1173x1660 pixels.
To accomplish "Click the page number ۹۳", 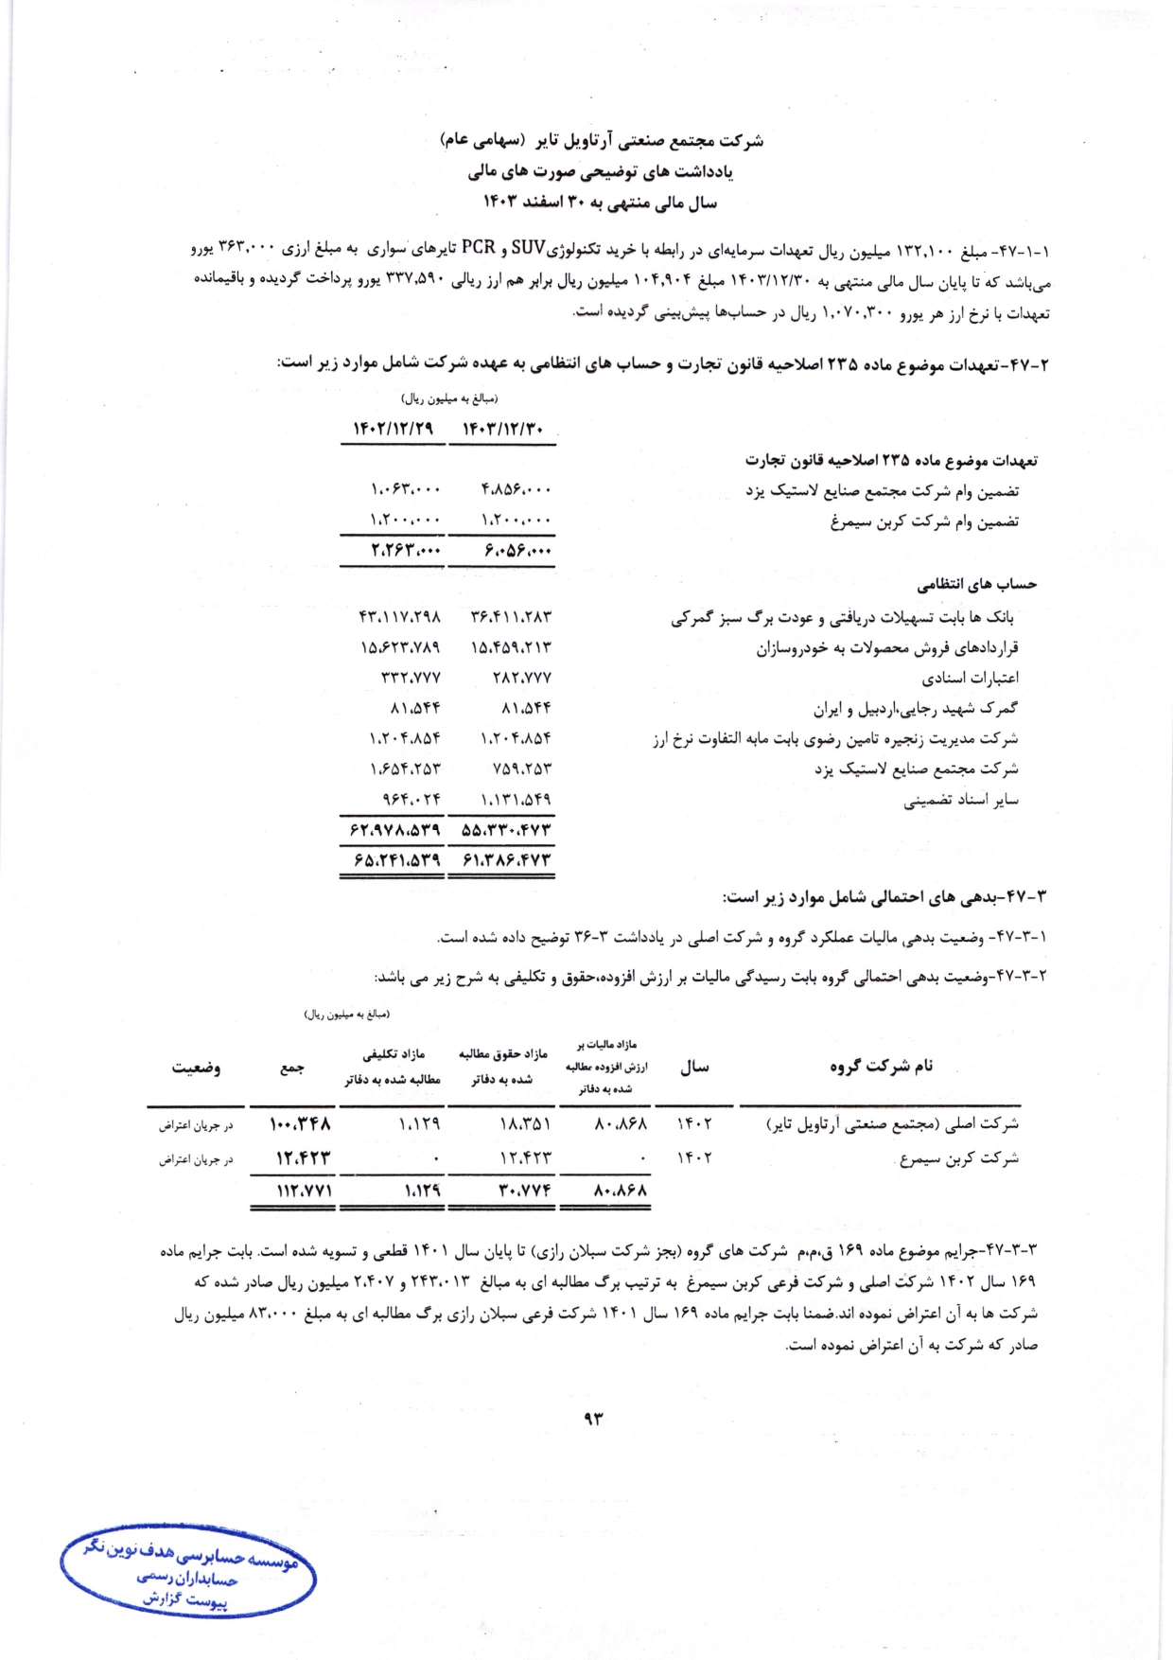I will point(594,1418).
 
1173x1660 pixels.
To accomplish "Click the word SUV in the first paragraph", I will point(528,249).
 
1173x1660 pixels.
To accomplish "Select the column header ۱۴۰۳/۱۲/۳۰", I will point(502,430).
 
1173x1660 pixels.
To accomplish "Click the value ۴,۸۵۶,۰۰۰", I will point(516,489).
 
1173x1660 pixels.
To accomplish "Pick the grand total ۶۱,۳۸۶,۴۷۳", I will point(506,860).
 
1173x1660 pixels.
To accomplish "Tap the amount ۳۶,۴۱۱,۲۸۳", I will point(511,617).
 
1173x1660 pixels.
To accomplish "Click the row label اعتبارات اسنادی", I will point(970,679).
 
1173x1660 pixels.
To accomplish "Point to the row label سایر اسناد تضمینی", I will point(960,801).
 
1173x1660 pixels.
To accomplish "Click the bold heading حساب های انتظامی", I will point(977,585).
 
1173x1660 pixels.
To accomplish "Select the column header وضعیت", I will point(196,1068).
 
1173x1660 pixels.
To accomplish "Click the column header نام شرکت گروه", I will point(882,1067).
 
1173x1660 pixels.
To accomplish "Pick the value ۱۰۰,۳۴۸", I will point(300,1124).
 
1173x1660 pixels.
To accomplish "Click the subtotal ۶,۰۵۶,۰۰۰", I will point(516,551).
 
